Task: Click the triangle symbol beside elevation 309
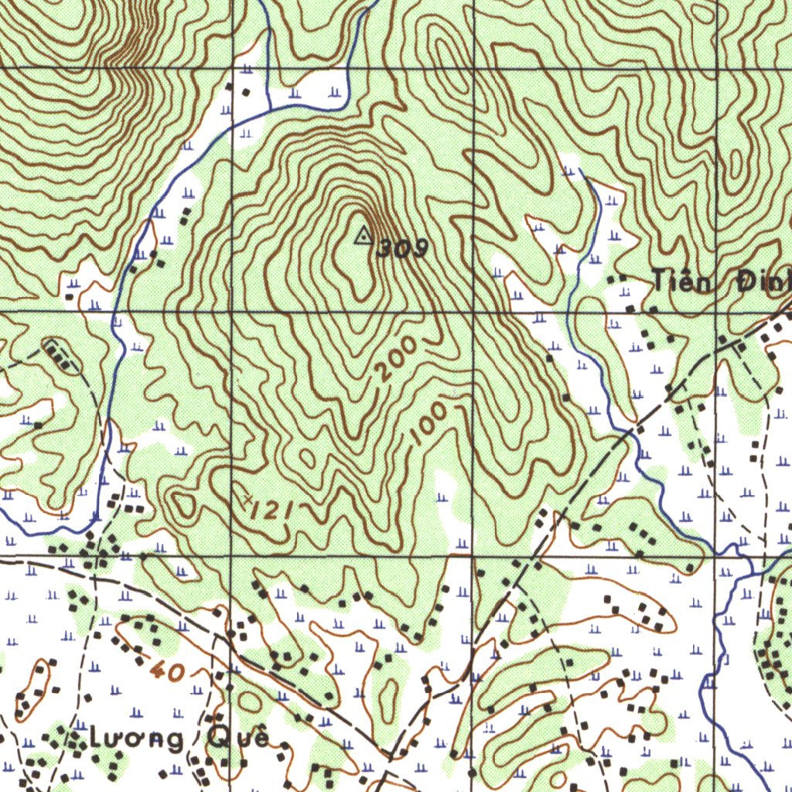click(x=362, y=235)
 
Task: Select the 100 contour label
click(x=429, y=423)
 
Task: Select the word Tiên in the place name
click(x=681, y=282)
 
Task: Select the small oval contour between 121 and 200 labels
click(x=307, y=459)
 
